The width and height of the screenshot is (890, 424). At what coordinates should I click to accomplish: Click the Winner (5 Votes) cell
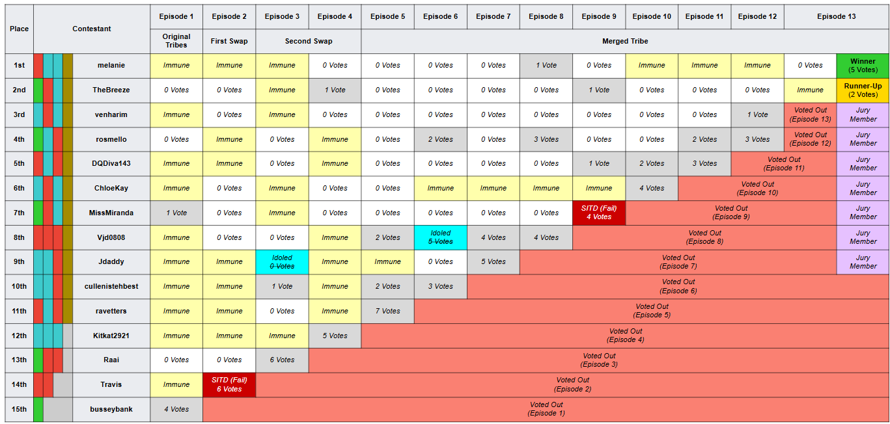coord(863,66)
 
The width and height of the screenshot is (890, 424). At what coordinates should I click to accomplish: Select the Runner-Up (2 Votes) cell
coord(863,90)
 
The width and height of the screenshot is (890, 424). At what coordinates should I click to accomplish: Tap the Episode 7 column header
coord(493,16)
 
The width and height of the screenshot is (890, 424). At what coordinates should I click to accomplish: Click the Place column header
coord(19,29)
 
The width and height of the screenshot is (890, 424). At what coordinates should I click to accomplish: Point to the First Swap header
coord(229,41)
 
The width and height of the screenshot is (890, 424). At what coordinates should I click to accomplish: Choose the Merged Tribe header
coord(625,41)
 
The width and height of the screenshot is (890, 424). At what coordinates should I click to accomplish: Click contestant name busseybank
coord(111,409)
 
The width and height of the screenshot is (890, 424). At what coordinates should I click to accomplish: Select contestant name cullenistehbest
coord(111,286)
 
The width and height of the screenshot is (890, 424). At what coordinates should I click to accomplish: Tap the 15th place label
coord(19,409)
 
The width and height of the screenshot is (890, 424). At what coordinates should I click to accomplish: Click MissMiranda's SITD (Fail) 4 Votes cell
coord(599,213)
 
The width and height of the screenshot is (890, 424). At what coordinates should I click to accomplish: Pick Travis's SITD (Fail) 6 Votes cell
coord(229,385)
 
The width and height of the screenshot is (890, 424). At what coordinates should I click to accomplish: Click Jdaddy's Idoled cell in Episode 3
coord(282,262)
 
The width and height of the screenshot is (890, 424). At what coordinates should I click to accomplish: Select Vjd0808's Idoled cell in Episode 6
coord(440,237)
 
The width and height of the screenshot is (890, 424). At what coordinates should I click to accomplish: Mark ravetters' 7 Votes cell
coord(387,311)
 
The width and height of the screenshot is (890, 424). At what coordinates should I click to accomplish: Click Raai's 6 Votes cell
coord(282,360)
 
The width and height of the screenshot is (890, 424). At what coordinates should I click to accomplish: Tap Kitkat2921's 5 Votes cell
coord(335,336)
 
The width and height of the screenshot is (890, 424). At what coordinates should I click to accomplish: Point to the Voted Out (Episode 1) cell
coord(546,409)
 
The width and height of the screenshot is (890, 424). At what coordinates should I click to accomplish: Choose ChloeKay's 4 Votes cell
coord(652,188)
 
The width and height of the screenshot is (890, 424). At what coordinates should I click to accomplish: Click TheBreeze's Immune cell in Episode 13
coord(810,90)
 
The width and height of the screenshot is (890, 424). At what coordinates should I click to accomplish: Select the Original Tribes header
coord(176,41)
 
